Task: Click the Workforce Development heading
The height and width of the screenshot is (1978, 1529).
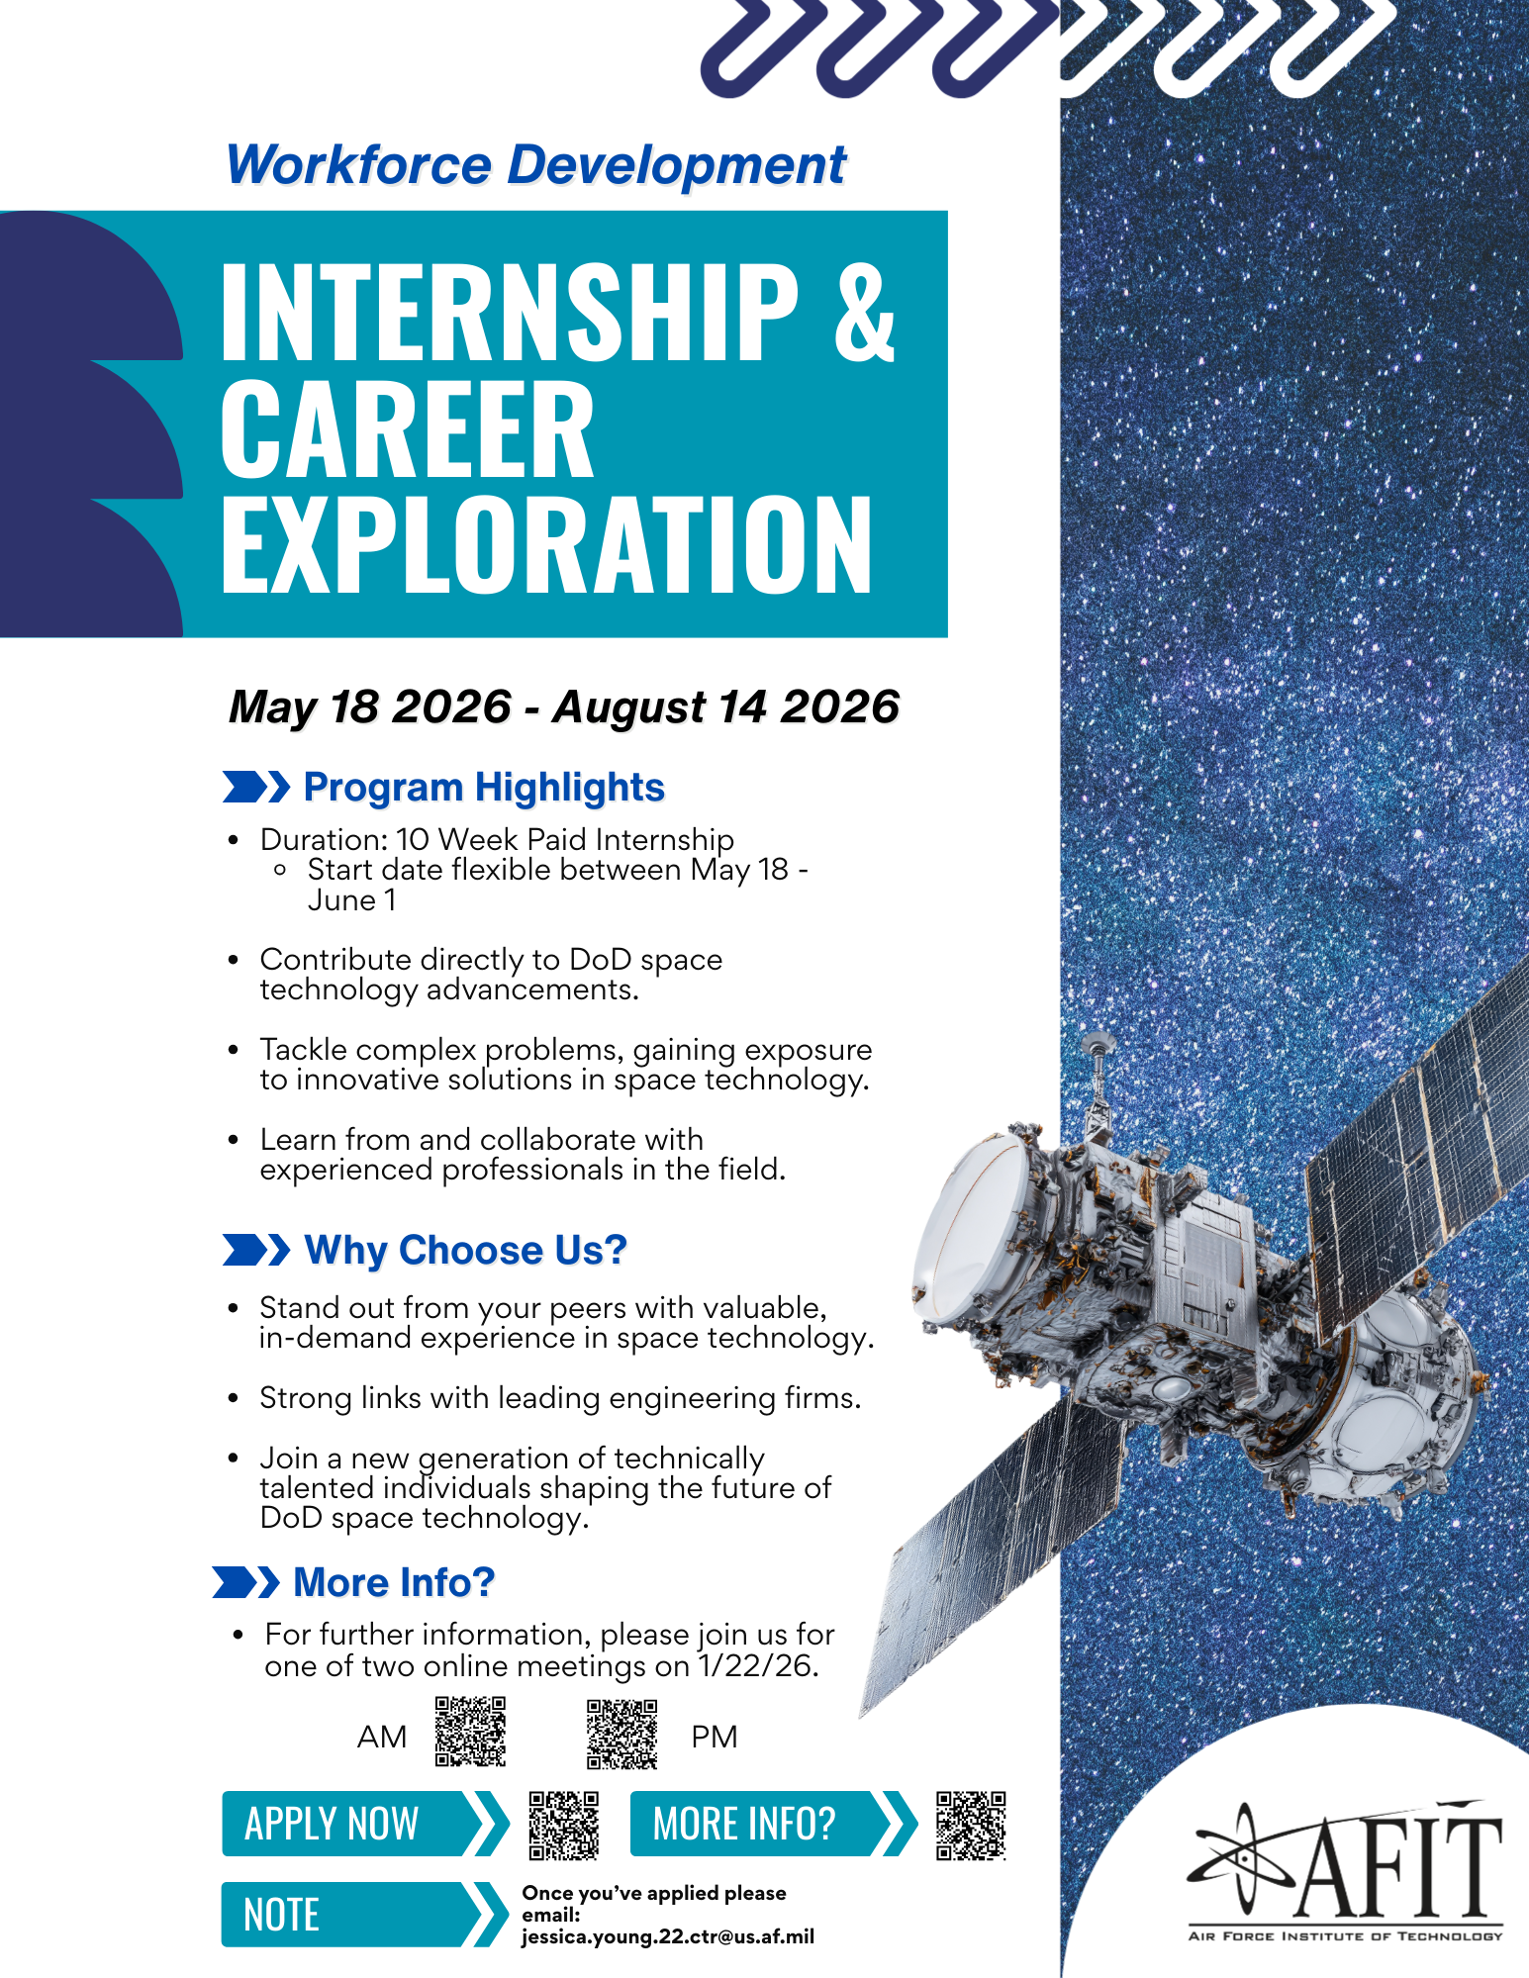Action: [535, 165]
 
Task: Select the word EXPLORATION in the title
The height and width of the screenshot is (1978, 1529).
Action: [545, 545]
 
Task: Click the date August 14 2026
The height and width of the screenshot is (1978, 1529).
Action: [725, 707]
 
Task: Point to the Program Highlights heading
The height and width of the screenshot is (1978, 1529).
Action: [483, 788]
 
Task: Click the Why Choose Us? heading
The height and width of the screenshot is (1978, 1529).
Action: [465, 1250]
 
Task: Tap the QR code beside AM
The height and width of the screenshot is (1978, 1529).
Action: [471, 1732]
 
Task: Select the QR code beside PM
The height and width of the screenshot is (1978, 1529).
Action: [621, 1735]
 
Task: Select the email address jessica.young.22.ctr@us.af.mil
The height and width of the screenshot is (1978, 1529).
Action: [668, 1936]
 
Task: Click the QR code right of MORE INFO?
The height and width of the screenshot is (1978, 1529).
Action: [971, 1825]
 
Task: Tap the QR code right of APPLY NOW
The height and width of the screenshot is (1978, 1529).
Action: [563, 1825]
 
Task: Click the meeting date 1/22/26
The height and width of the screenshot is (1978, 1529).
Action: [756, 1666]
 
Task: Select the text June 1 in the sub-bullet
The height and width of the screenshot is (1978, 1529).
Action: [351, 900]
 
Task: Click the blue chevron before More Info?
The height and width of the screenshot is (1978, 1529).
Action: [246, 1582]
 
